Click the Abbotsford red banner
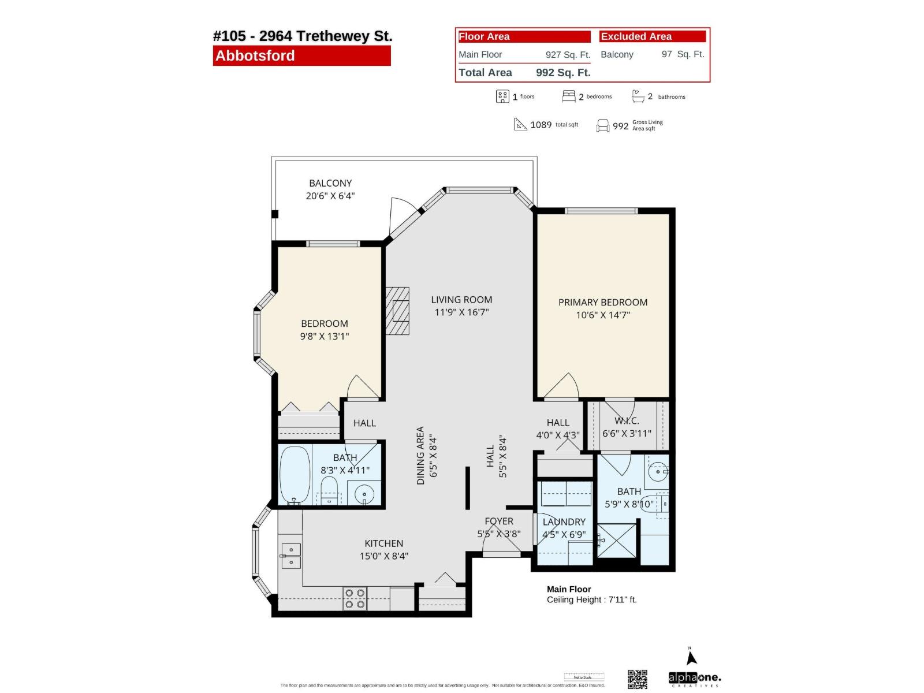(x=301, y=56)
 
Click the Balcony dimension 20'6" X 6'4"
(x=330, y=196)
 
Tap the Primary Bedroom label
(x=603, y=302)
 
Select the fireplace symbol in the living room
(x=398, y=311)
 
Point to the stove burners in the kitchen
(x=355, y=598)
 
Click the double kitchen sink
(x=291, y=556)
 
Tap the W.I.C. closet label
(x=627, y=421)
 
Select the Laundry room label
(x=564, y=521)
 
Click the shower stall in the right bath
(x=617, y=539)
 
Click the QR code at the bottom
(x=638, y=679)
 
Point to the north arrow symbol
(x=692, y=657)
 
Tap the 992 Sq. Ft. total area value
(x=563, y=73)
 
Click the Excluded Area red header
(x=653, y=36)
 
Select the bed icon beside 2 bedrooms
(x=569, y=96)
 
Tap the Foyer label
(x=499, y=521)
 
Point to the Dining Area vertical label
(x=420, y=456)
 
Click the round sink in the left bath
(x=364, y=494)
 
